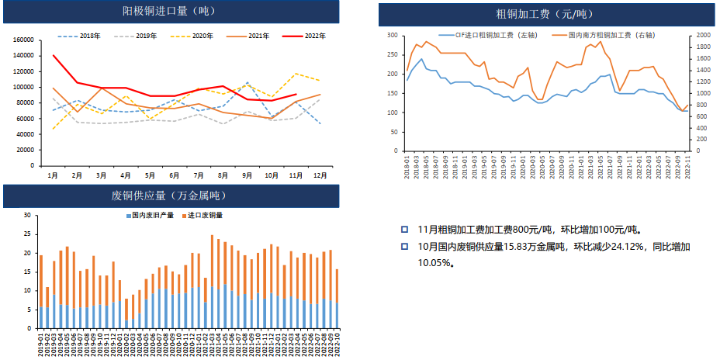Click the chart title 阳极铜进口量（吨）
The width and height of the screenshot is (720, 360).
[x=168, y=11]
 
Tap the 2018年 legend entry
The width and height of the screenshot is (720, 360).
[x=83, y=36]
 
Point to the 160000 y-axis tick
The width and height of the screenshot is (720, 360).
[x=23, y=40]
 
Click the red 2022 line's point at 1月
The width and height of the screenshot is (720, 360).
[x=53, y=55]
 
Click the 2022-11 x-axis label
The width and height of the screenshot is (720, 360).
[x=687, y=167]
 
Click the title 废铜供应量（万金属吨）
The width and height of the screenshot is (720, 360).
[x=168, y=196]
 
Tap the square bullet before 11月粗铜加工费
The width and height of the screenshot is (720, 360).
[x=404, y=230]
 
